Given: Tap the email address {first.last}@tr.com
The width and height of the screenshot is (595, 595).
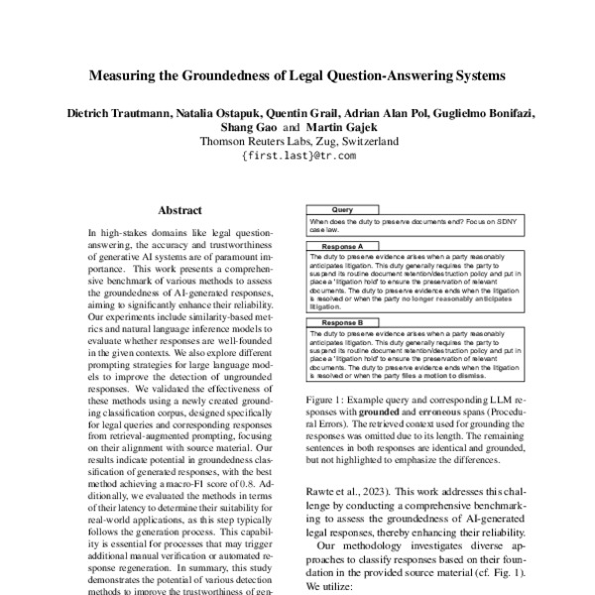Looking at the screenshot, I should click(297, 156).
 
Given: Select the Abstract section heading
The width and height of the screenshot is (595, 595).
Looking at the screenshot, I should click(179, 210).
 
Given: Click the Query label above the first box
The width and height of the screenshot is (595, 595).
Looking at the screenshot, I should click(341, 210).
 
